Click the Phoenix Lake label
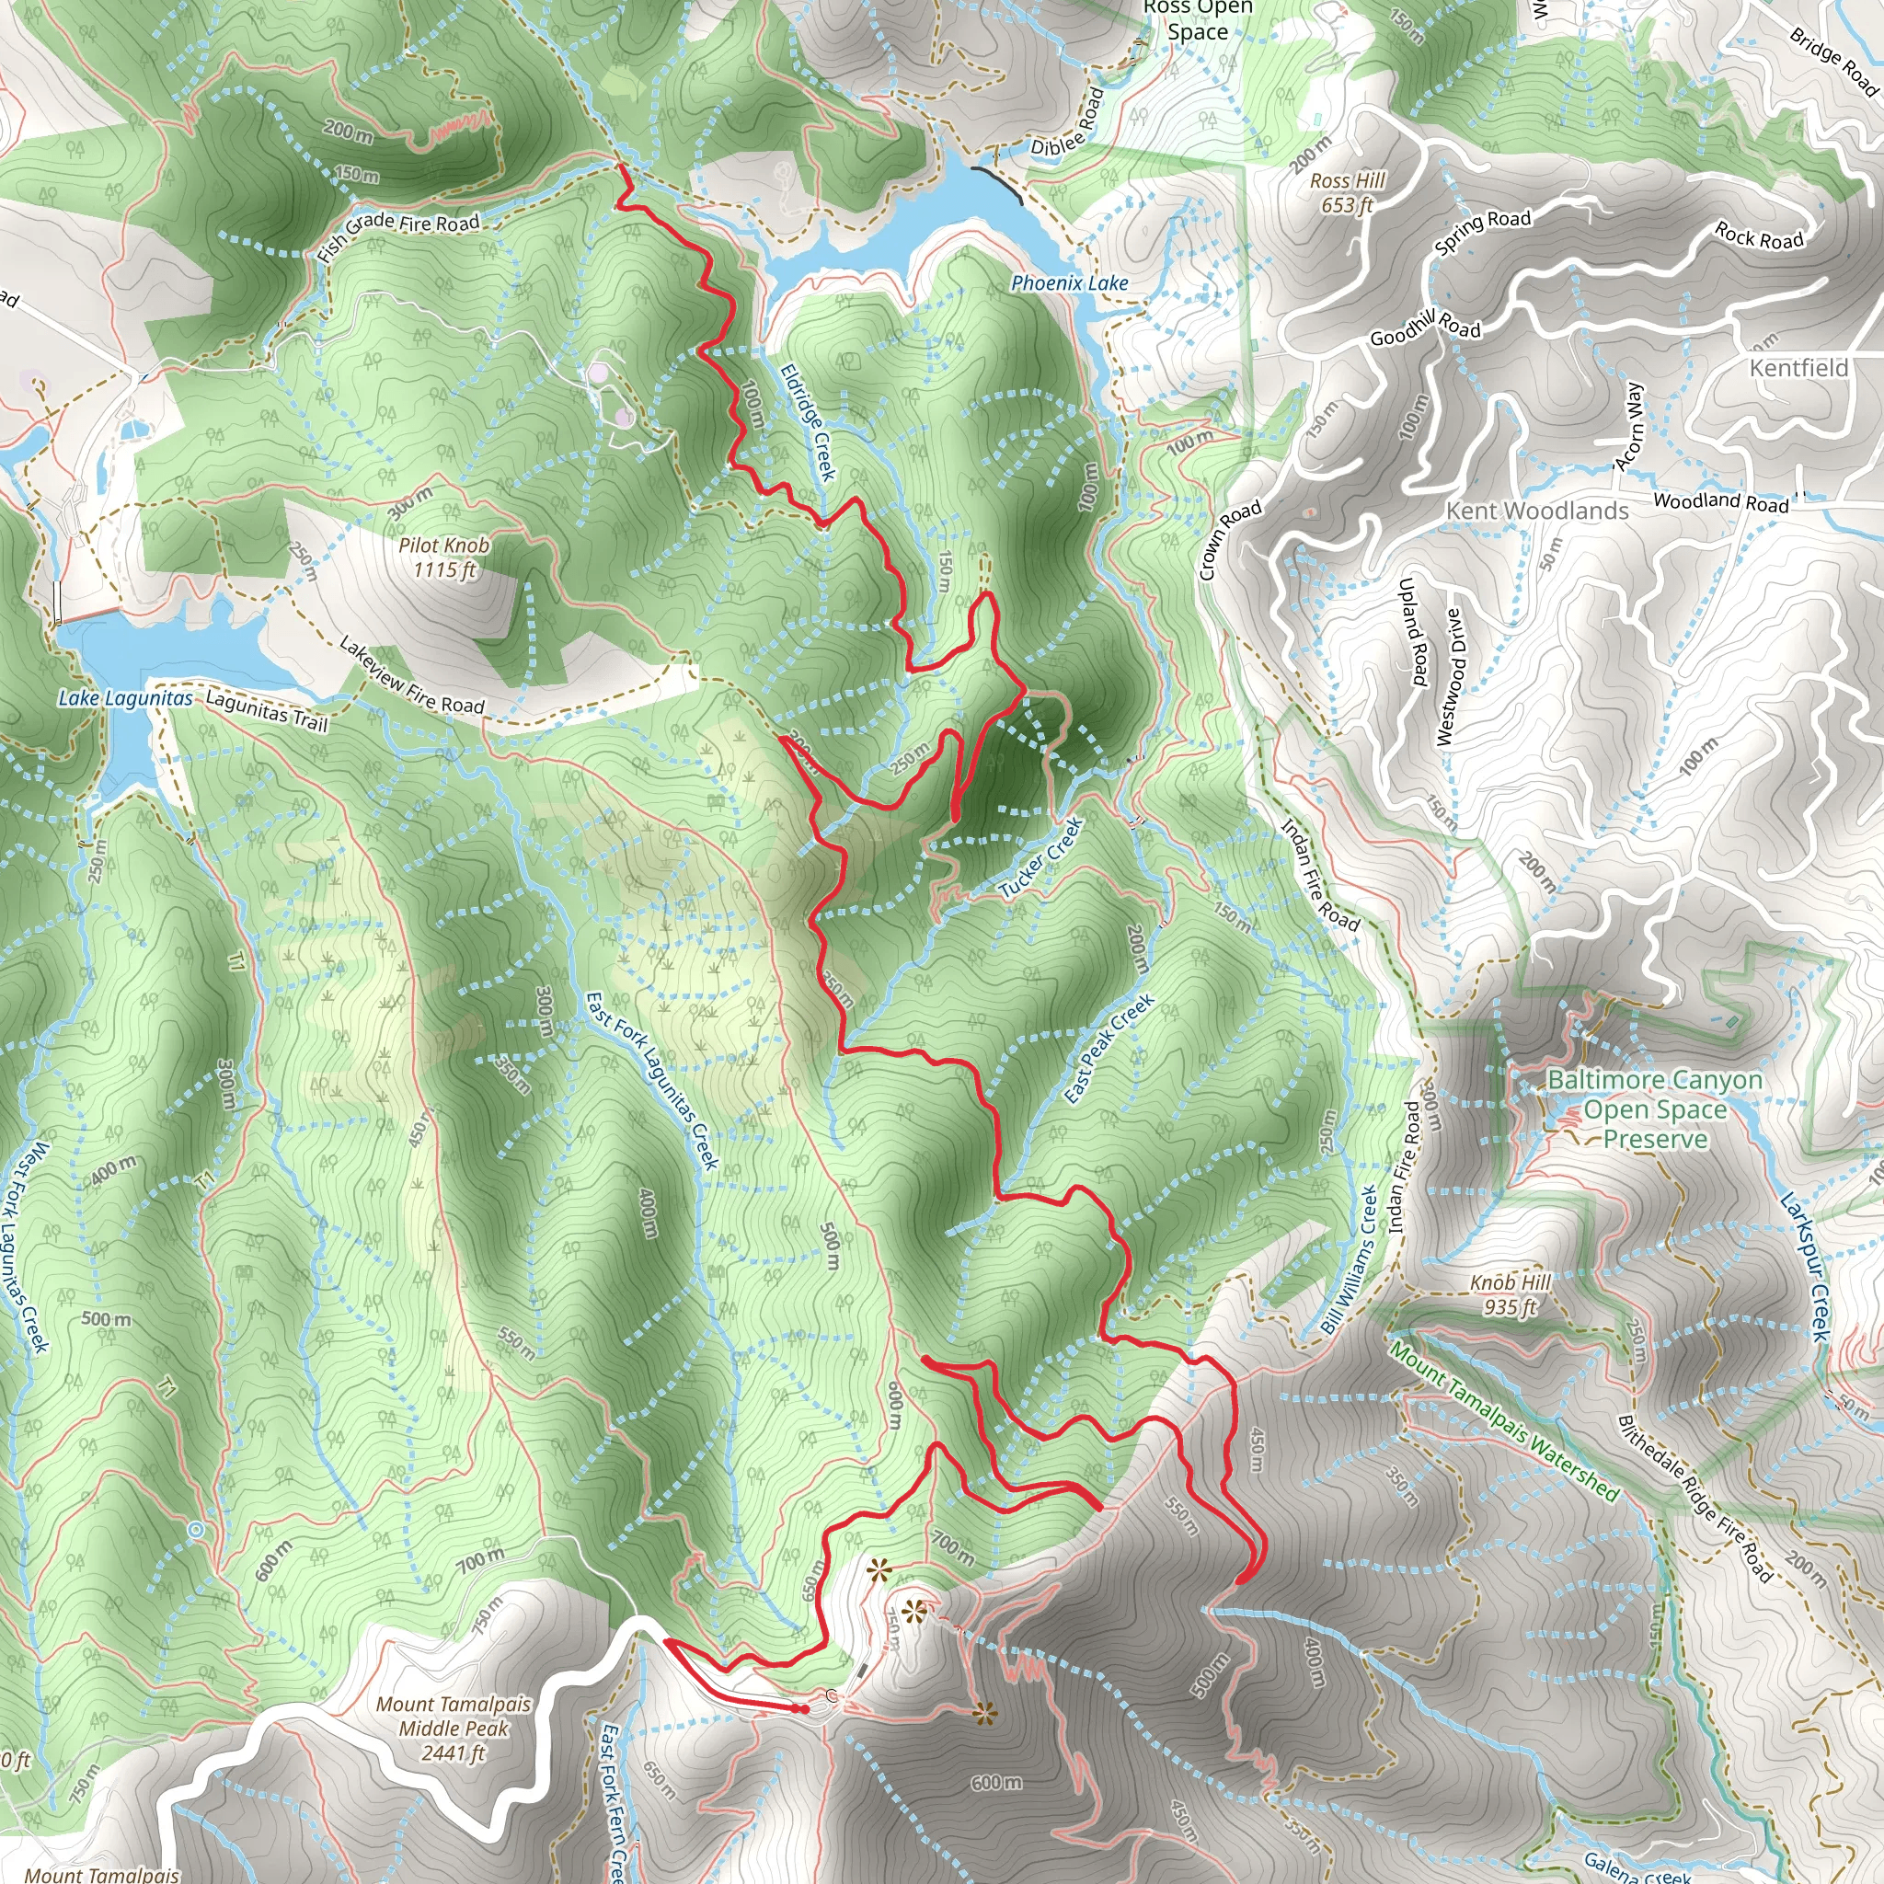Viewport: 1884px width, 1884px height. [x=1069, y=283]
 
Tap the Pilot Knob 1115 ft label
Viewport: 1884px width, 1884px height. [x=443, y=557]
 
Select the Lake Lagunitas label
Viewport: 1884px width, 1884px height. [x=125, y=698]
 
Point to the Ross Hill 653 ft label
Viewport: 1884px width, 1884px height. [x=1347, y=192]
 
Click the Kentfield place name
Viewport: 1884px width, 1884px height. [x=1798, y=368]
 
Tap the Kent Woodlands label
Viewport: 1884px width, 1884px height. [x=1537, y=511]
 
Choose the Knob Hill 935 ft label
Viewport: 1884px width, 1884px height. [x=1510, y=1294]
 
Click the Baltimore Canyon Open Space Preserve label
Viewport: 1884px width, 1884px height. [x=1655, y=1109]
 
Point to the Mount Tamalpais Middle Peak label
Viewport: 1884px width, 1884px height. [x=454, y=1728]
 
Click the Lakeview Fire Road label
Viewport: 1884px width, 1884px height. [x=411, y=675]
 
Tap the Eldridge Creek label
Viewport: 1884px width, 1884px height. [x=809, y=422]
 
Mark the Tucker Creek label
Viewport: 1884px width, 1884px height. [x=1041, y=858]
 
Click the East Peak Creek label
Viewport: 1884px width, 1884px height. [x=1109, y=1049]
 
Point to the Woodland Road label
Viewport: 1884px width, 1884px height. [x=1721, y=501]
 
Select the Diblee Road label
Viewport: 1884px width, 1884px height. [x=1069, y=124]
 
